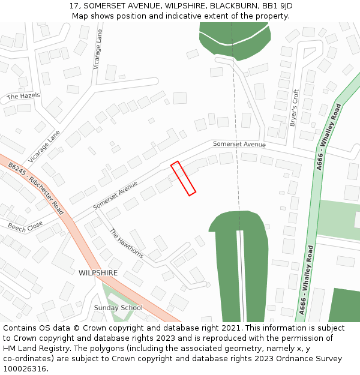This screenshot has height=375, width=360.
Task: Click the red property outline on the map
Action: click(184, 178)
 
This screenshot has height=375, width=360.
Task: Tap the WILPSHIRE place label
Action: click(98, 272)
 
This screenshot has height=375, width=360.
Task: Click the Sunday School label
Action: click(118, 308)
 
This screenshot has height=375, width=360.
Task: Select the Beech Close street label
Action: click(25, 226)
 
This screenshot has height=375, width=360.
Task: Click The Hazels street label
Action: click(23, 96)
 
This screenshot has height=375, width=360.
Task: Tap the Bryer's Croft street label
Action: click(294, 107)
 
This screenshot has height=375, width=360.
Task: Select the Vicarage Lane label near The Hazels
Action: click(44, 147)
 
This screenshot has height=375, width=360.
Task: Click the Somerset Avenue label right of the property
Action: click(239, 144)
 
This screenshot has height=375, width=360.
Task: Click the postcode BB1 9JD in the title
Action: click(277, 5)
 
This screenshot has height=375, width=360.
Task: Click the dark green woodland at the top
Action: click(234, 42)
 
